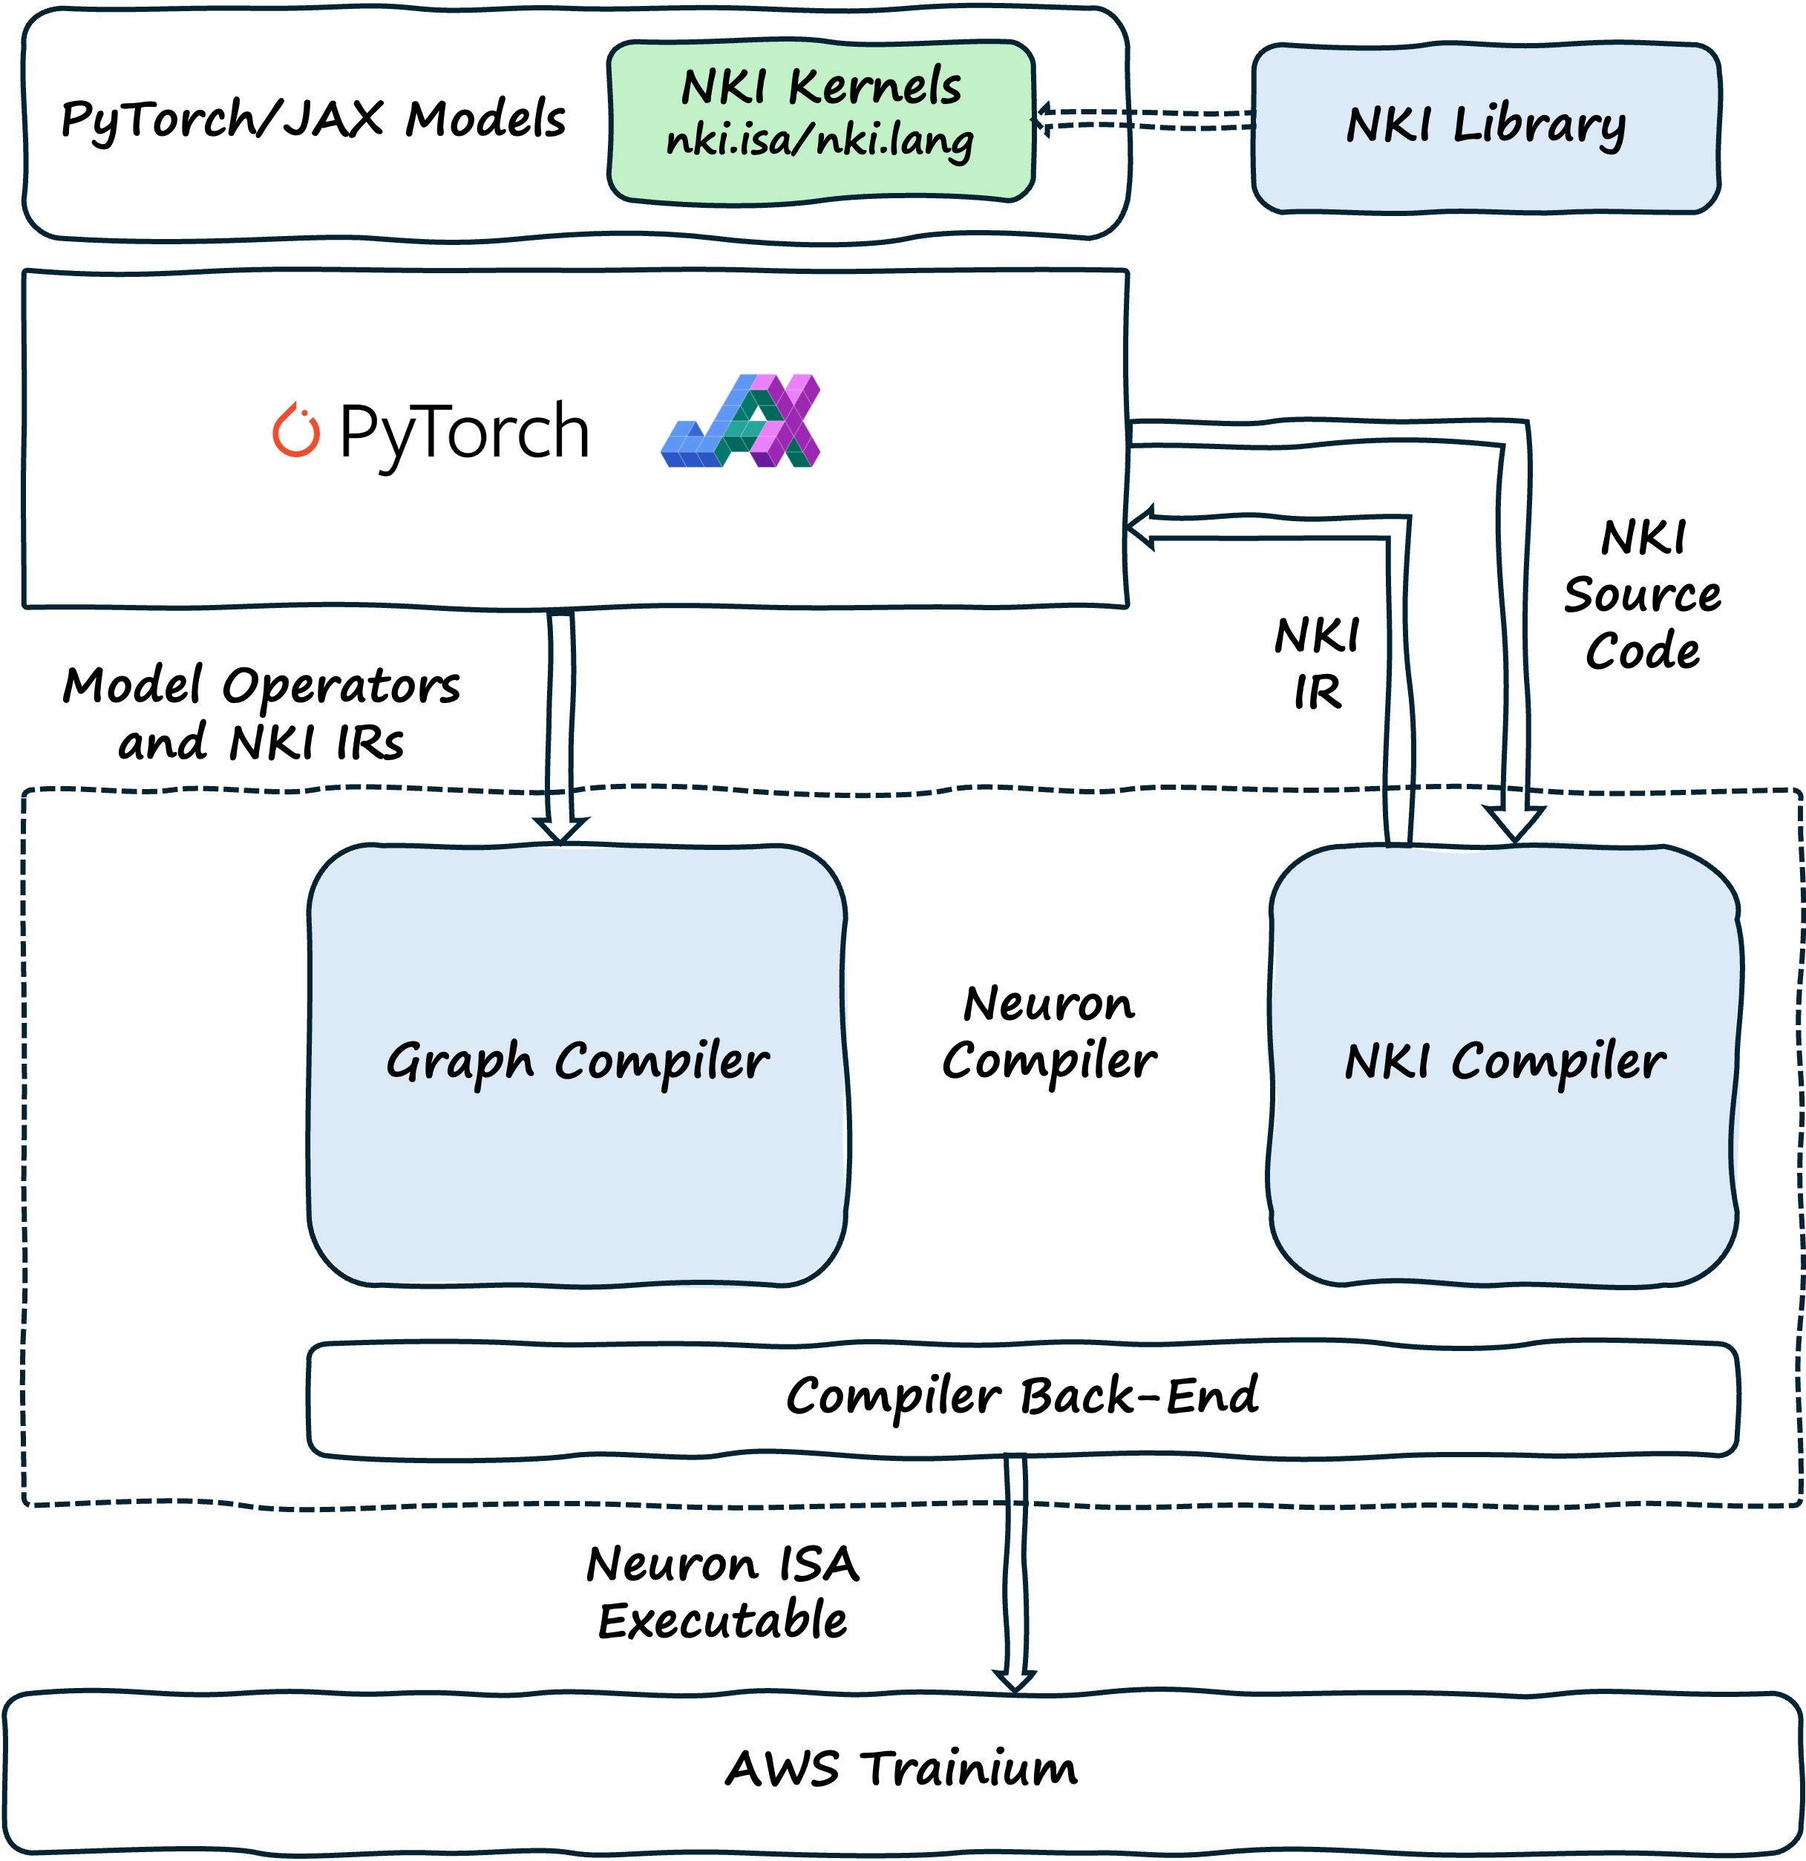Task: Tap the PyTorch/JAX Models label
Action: click(x=313, y=120)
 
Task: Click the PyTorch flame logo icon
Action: click(x=295, y=431)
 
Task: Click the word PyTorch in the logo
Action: click(x=465, y=432)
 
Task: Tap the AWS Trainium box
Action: click(x=901, y=1770)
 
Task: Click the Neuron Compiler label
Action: click(x=1049, y=1033)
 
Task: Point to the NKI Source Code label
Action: click(x=1642, y=595)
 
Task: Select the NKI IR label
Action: click(x=1317, y=664)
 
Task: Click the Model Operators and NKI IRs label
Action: click(x=261, y=714)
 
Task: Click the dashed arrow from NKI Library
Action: click(x=1144, y=120)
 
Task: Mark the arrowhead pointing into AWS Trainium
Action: click(x=1014, y=1680)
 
